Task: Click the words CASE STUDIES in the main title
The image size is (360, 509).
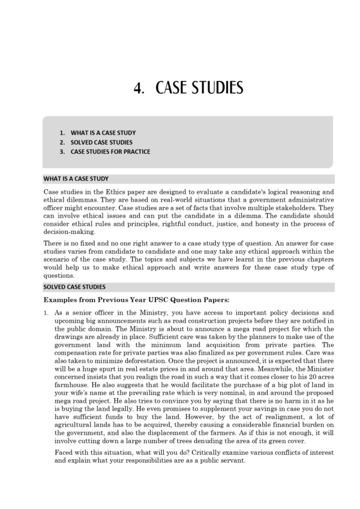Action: (x=199, y=89)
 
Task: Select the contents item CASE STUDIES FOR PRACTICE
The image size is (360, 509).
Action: (x=110, y=152)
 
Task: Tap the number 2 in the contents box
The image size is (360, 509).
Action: (x=62, y=142)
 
